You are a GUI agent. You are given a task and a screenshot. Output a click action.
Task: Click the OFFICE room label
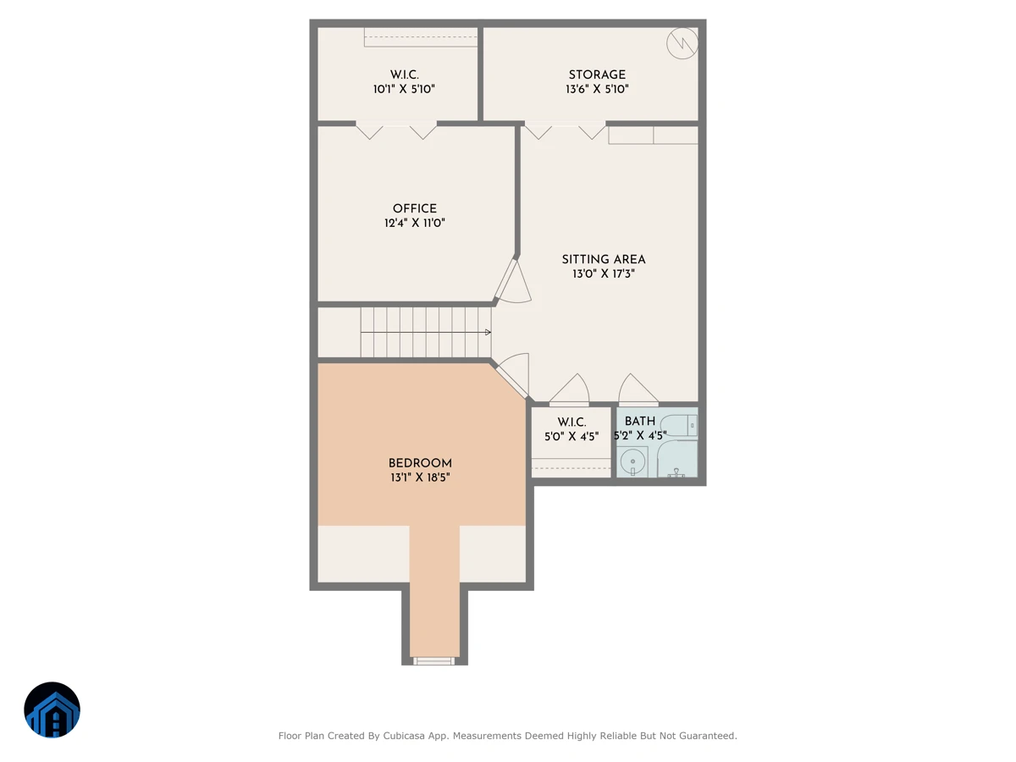(x=414, y=208)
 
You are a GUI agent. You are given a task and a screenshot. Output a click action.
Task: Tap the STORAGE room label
(x=597, y=75)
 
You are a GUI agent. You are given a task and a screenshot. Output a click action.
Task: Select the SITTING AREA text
(x=603, y=260)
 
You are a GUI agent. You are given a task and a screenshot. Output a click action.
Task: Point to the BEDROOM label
(x=420, y=463)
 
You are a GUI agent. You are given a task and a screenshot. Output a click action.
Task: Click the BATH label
(x=640, y=422)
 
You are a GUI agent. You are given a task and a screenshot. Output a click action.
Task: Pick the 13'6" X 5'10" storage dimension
(x=597, y=89)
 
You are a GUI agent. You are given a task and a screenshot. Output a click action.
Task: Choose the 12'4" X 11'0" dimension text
(x=414, y=223)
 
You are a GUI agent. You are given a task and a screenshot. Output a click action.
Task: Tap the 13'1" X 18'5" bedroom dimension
(x=420, y=478)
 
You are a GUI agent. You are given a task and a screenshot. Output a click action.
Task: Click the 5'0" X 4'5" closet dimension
(x=571, y=436)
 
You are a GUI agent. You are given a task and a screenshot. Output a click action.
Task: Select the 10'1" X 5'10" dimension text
(x=404, y=89)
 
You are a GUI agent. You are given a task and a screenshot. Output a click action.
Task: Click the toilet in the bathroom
(x=678, y=426)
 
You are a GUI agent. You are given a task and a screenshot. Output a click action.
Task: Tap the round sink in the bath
(x=632, y=461)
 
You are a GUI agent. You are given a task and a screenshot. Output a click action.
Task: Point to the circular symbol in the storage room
(x=682, y=43)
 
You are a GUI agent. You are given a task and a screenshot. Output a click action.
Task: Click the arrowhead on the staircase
(x=488, y=332)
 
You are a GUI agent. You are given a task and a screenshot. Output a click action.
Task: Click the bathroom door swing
(x=638, y=389)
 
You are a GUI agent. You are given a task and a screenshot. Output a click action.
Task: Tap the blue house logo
(x=52, y=710)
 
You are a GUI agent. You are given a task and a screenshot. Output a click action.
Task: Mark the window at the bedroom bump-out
(x=433, y=660)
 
